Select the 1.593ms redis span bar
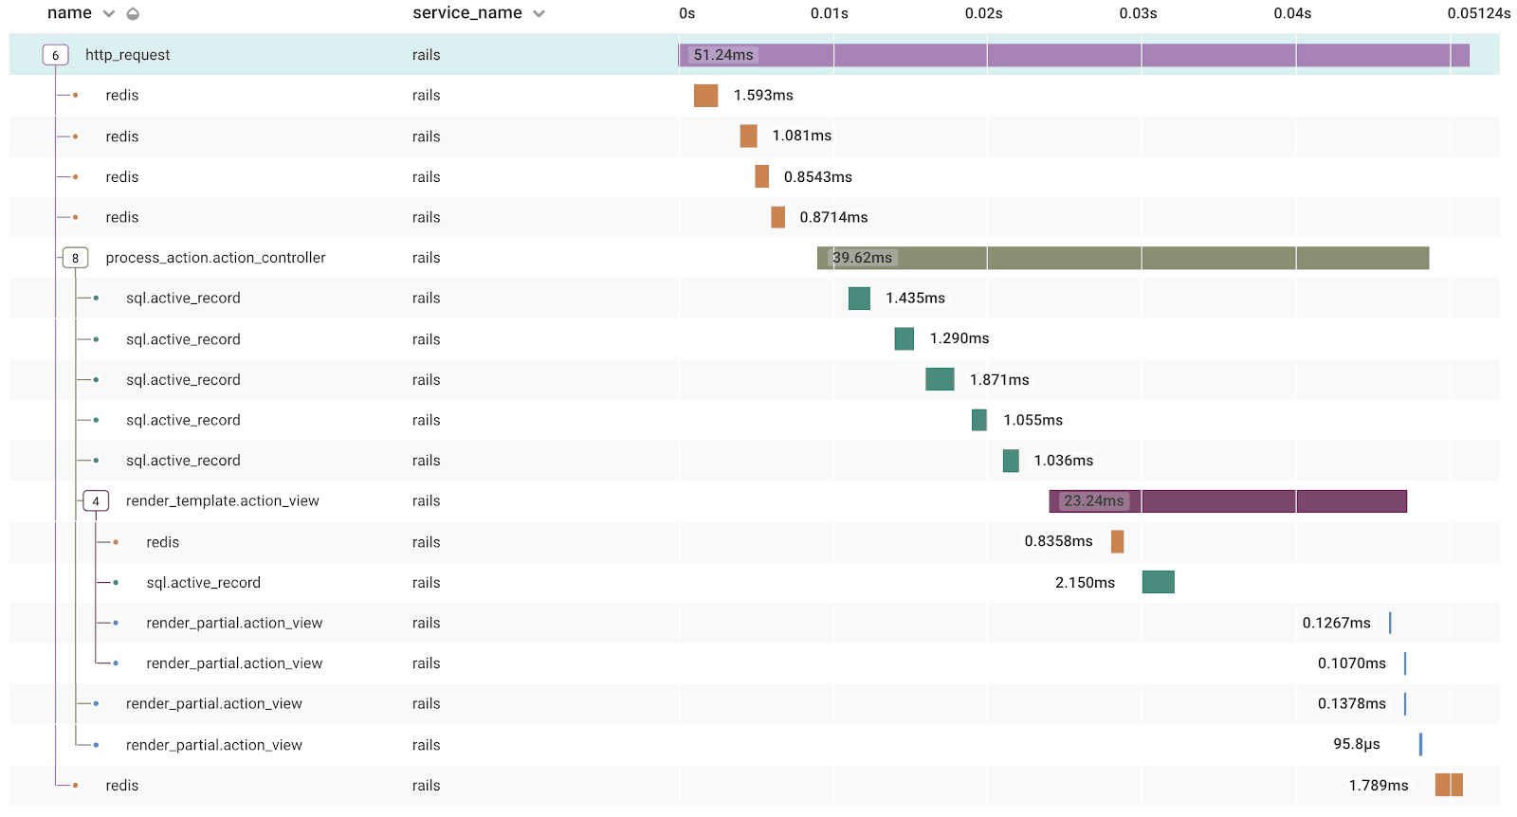(705, 96)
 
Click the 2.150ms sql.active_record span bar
(1158, 582)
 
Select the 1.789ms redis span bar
(1449, 785)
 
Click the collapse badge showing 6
(55, 55)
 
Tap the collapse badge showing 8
(76, 258)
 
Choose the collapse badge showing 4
(96, 501)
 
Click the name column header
(69, 13)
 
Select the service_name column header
(466, 13)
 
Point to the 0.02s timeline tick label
(983, 13)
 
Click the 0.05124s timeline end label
(1478, 13)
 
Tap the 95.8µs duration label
(1356, 744)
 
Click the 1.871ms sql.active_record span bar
(940, 379)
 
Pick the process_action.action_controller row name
(215, 258)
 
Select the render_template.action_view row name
(222, 501)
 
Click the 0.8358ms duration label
(1058, 541)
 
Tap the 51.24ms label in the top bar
(723, 55)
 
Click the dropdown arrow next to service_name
(539, 14)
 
